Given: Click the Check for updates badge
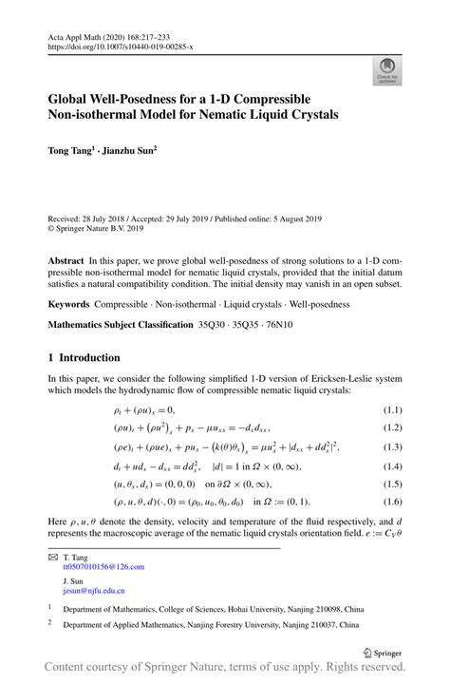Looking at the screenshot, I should click(386, 71).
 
